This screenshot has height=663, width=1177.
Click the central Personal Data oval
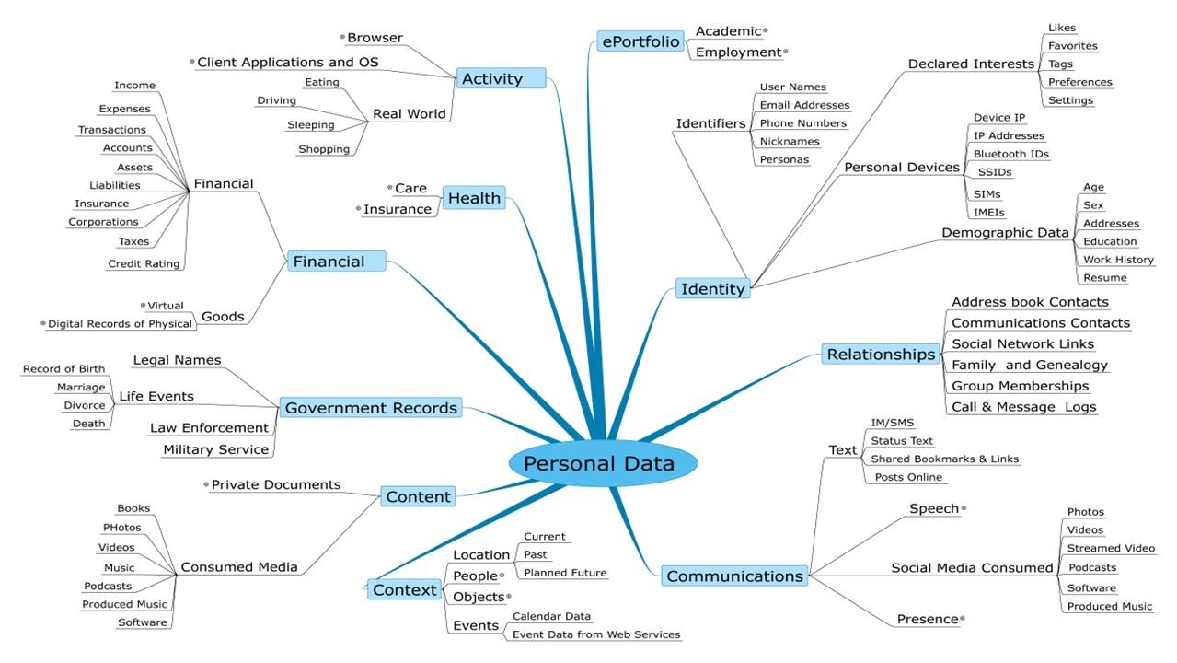coord(599,464)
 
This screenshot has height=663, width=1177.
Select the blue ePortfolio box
coord(640,41)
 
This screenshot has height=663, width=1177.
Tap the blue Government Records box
coord(371,408)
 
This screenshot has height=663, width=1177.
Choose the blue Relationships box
coord(881,355)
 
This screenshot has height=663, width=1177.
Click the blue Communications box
coord(735,576)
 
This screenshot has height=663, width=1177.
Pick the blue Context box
coord(404,589)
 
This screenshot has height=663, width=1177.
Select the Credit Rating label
coord(144,263)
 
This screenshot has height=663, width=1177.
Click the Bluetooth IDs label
coord(1010,154)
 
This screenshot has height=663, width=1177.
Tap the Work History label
coord(1118,260)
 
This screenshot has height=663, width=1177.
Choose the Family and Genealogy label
coord(1029,366)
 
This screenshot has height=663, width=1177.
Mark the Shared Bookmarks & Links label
coord(944,459)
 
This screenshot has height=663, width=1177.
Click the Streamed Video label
coord(1111,548)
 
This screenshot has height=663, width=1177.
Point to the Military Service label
coord(215,449)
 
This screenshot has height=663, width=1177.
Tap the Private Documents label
coord(275,484)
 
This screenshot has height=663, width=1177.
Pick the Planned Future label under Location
coord(565,573)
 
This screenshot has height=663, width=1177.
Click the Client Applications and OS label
coord(289,63)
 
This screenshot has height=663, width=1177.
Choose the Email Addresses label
coord(803,105)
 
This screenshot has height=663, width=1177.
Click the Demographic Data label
coord(1005,233)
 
